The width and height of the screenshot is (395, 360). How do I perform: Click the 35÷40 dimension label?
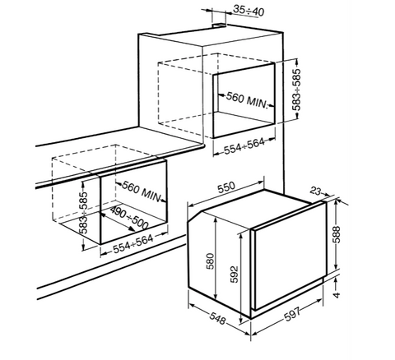(249, 11)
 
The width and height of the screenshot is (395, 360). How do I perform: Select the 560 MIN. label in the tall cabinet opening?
(247, 100)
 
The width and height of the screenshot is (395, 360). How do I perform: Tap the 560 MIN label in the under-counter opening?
(141, 192)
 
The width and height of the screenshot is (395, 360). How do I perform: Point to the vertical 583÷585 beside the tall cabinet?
(296, 90)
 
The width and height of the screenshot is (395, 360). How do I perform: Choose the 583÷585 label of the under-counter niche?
(84, 212)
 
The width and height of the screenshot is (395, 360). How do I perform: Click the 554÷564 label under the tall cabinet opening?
(244, 146)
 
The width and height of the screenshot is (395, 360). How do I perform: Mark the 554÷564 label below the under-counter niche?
(133, 244)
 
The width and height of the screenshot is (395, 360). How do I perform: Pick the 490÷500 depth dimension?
(129, 218)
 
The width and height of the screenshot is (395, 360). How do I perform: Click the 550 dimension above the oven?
(226, 187)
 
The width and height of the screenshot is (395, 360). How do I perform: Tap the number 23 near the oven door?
(316, 191)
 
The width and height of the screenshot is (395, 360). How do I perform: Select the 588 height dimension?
(336, 234)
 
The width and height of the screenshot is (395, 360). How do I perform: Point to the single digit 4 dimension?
(337, 295)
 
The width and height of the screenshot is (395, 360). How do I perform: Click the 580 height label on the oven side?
(210, 261)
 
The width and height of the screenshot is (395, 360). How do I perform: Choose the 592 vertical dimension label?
(234, 275)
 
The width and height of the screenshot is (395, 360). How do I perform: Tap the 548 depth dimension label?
(217, 318)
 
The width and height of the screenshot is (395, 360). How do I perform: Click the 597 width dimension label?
(292, 314)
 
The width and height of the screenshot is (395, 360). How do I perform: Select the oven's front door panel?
(289, 256)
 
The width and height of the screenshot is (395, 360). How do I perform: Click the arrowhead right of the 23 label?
(327, 195)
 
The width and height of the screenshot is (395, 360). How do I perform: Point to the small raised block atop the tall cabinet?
(219, 25)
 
